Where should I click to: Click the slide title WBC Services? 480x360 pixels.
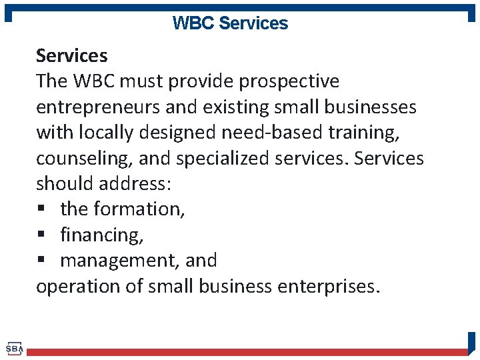pyautogui.click(x=230, y=23)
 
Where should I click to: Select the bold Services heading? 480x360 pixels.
pyautogui.click(x=71, y=55)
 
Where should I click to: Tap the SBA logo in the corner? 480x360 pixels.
pyautogui.click(x=14, y=349)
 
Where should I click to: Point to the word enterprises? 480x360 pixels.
pyautogui.click(x=327, y=287)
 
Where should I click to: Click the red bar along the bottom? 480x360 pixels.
pyautogui.click(x=247, y=351)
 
